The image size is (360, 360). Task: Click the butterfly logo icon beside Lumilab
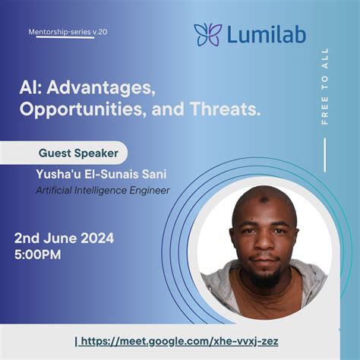tap(207, 34)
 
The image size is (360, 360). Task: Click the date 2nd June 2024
tap(64, 238)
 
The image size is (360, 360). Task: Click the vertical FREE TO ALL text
tap(326, 87)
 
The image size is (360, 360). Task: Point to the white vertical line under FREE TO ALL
tap(324, 156)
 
